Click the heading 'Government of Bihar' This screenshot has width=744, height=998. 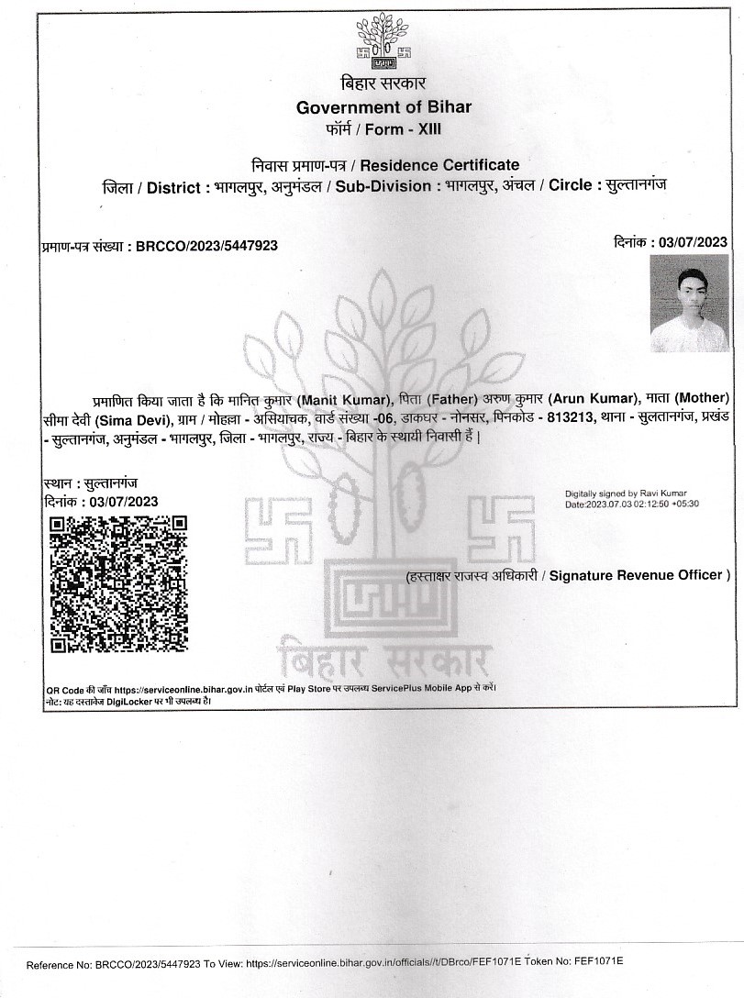383,107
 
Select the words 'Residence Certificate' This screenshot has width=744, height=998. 439,165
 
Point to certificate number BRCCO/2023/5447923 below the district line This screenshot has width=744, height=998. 206,246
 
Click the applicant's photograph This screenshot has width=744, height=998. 689,304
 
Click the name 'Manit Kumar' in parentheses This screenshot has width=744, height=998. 352,398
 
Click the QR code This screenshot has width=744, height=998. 118,583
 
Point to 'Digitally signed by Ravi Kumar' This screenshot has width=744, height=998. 625,493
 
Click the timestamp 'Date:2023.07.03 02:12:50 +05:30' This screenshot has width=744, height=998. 632,505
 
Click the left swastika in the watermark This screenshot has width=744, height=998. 277,530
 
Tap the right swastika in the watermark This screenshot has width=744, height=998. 501,529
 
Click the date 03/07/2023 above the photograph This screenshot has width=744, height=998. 694,242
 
